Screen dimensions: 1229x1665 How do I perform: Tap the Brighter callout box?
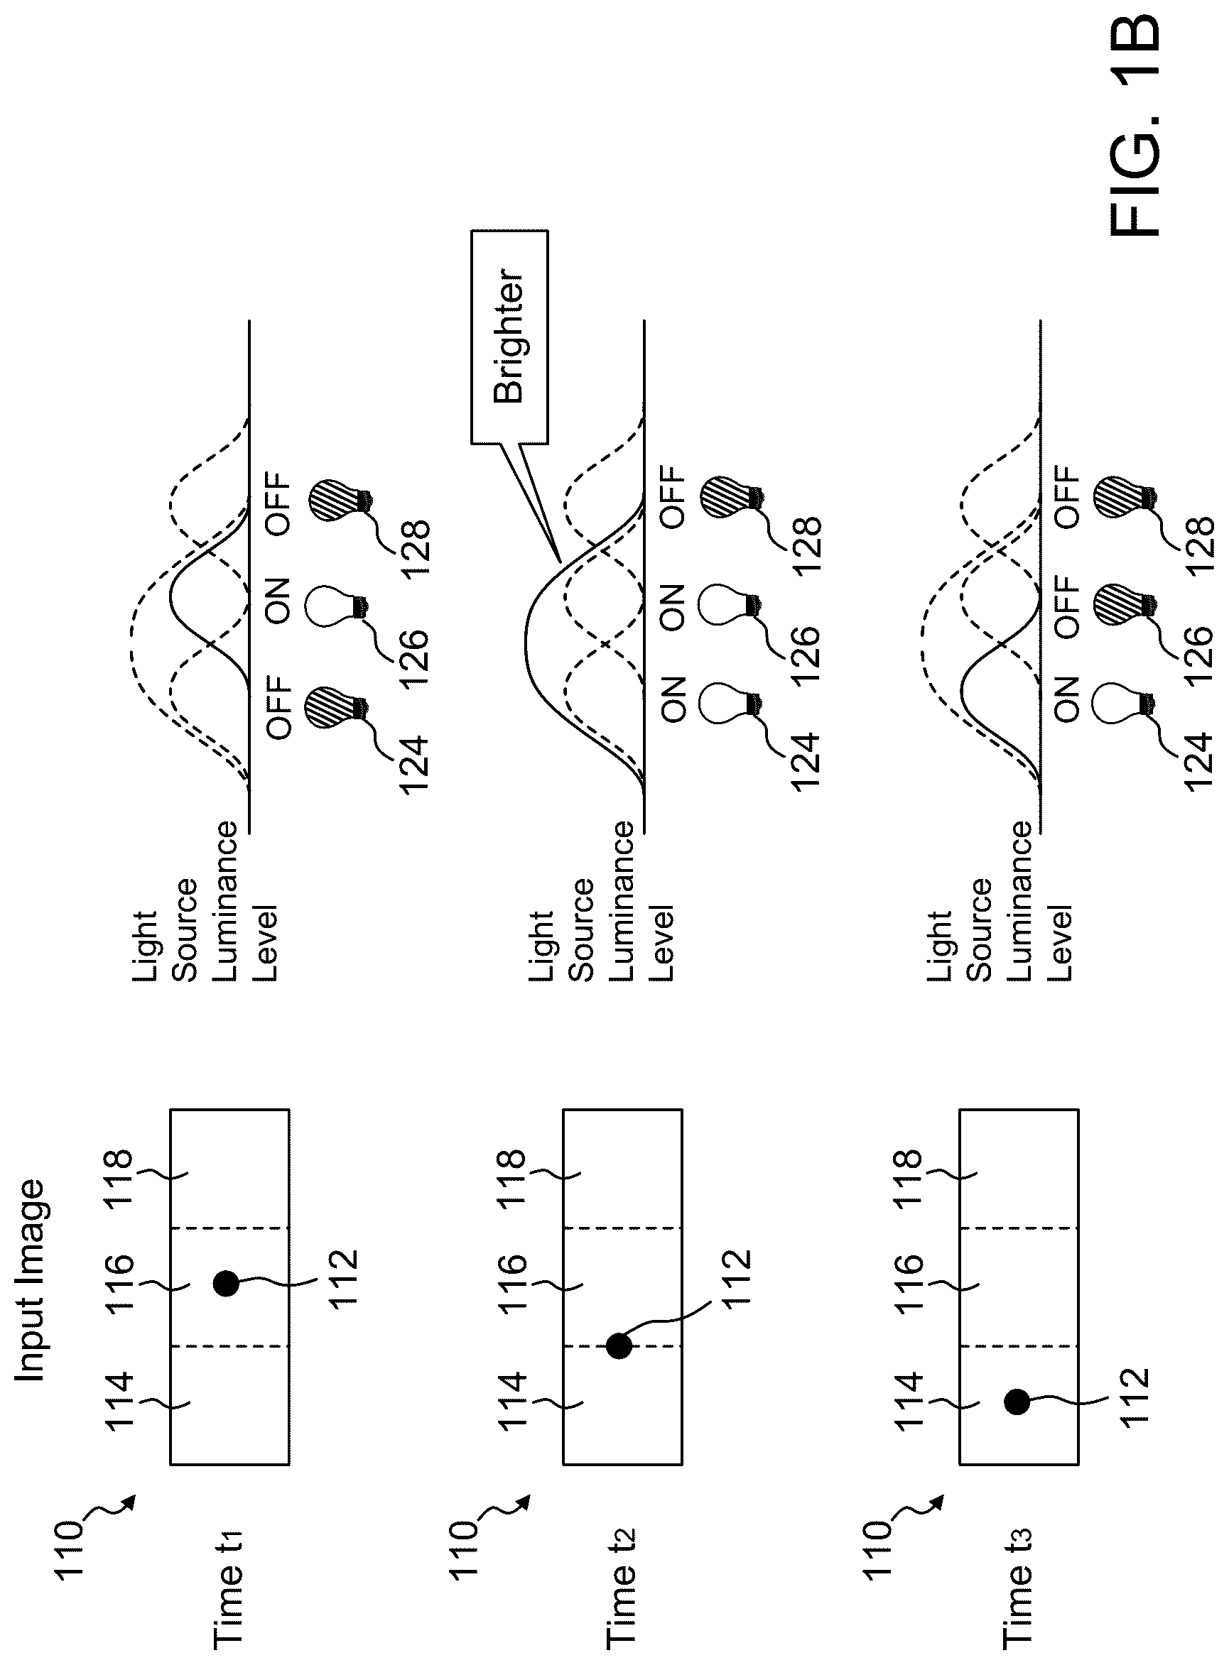point(509,337)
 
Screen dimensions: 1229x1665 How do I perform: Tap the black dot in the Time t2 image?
point(619,1346)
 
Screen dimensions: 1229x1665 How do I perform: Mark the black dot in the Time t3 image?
point(1017,1402)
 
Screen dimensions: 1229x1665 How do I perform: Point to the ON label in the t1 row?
point(278,601)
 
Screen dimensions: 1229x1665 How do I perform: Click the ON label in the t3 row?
point(1066,699)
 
